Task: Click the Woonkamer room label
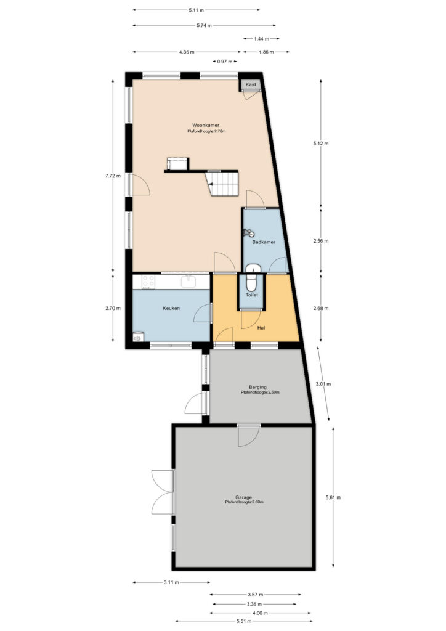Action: coord(206,125)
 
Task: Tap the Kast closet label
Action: coord(251,84)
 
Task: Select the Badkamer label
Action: coord(264,242)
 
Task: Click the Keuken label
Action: coord(171,308)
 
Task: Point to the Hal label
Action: coord(261,328)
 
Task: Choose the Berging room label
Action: coord(257,387)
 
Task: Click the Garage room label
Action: coord(244,497)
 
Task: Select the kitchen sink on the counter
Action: coord(189,281)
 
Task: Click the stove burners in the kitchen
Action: coord(148,281)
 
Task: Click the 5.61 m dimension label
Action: coord(333,497)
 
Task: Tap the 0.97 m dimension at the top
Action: coord(224,62)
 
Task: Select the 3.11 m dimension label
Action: coord(171,582)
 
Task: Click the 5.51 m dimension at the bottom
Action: coord(244,621)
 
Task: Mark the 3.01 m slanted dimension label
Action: coord(323,383)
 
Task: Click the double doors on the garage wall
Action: coord(163,492)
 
